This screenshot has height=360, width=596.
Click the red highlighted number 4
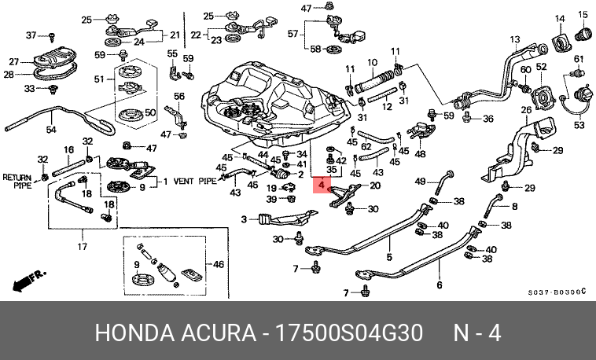coord(321,186)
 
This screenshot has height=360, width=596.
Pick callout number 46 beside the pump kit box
coord(219,265)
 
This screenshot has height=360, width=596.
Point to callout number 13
coord(515,40)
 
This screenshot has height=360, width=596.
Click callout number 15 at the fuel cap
coord(583,15)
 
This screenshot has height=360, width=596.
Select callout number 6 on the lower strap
coord(439,285)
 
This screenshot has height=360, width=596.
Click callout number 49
coord(420,182)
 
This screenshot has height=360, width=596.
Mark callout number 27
coord(13,61)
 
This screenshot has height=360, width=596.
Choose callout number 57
coord(292,35)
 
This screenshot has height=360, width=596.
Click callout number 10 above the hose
coord(372,62)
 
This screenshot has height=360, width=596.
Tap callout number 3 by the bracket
coord(244,219)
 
